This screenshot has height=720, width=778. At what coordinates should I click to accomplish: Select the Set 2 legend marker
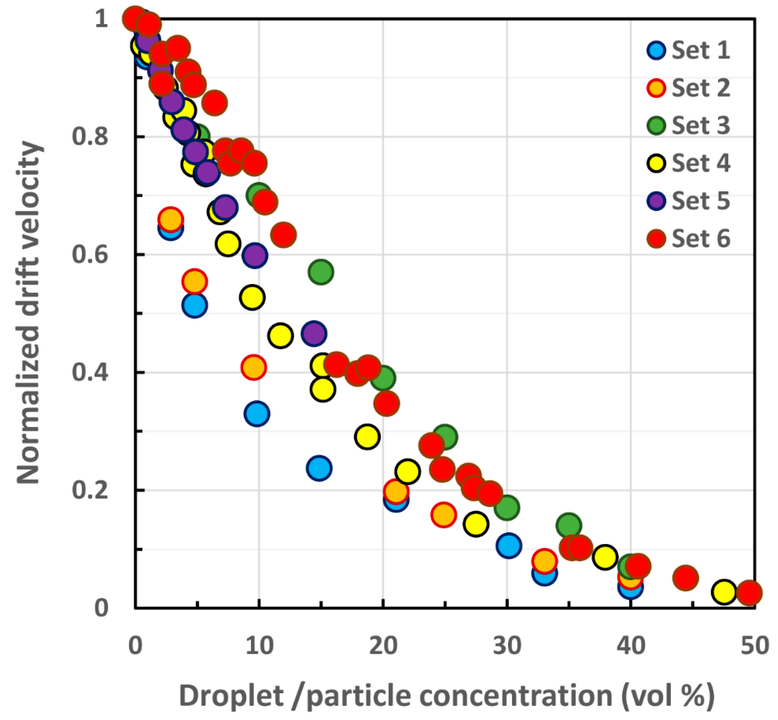[x=656, y=88]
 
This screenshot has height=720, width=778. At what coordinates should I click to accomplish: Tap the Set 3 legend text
[x=700, y=126]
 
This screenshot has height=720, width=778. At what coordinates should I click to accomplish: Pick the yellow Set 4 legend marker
[x=656, y=163]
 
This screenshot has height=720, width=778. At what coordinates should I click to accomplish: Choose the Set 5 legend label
[x=700, y=201]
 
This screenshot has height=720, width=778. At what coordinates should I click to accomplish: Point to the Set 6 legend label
[x=700, y=238]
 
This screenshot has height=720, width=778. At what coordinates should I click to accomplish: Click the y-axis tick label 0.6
[x=90, y=255]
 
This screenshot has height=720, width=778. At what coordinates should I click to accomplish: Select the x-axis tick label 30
[x=507, y=646]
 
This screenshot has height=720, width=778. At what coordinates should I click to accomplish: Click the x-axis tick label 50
[x=755, y=646]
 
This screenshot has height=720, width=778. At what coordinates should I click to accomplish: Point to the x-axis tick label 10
[x=259, y=646]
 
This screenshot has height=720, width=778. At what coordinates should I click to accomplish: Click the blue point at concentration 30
[x=508, y=545]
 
